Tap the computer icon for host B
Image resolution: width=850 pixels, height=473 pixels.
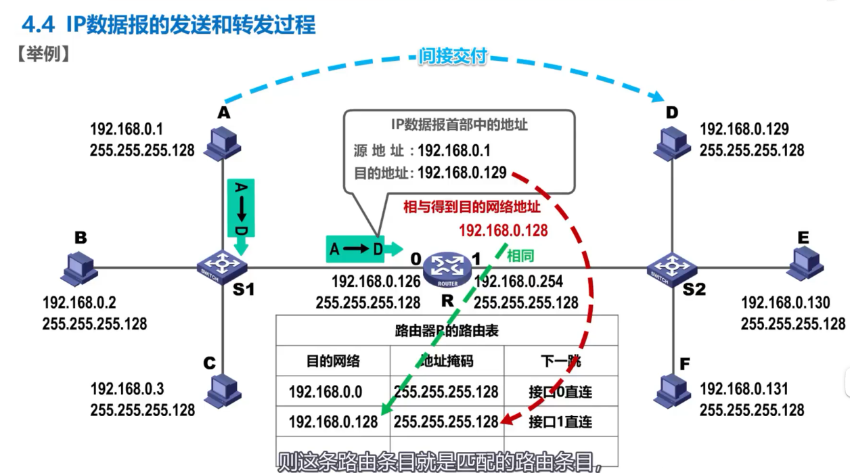click(x=79, y=268)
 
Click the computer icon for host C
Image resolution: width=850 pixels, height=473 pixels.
click(x=223, y=391)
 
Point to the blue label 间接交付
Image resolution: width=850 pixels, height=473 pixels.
click(x=453, y=56)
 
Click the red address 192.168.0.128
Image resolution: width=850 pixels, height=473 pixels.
click(x=503, y=231)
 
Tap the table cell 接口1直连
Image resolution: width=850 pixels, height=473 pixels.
click(x=560, y=422)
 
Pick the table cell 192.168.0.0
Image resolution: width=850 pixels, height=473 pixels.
click(x=325, y=392)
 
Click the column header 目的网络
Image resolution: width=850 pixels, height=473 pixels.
click(x=333, y=361)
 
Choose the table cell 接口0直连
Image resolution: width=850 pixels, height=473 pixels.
click(x=560, y=392)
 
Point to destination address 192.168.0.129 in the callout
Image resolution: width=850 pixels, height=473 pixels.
click(x=462, y=173)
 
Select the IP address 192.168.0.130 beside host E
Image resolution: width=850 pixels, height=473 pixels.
click(x=785, y=302)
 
